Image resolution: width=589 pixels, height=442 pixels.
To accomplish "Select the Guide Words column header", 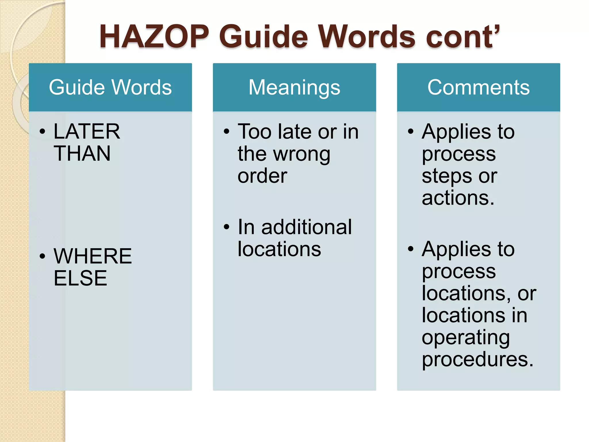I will [x=110, y=87].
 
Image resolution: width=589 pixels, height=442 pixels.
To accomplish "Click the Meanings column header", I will [x=294, y=87].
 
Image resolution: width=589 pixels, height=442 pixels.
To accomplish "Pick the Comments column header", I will [x=478, y=87].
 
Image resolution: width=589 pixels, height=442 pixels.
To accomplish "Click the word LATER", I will [x=87, y=132].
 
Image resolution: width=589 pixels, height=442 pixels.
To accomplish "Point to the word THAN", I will [x=82, y=153].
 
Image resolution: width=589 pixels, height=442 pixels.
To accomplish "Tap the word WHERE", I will [x=93, y=256].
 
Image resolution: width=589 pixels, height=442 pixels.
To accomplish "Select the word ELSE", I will [x=80, y=278].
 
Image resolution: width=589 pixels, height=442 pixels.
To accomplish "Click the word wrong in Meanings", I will [x=302, y=155].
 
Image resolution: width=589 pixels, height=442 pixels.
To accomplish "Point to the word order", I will [x=262, y=176].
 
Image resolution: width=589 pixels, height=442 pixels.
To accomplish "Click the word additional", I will [x=307, y=227].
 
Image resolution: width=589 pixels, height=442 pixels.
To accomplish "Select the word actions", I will [x=458, y=198].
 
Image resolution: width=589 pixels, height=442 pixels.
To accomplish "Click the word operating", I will [x=466, y=338].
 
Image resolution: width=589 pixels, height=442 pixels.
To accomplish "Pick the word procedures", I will [x=477, y=359].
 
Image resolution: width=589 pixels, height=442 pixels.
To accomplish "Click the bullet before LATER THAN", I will [x=43, y=132].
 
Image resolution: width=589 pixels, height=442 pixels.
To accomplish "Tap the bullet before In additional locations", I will [x=227, y=227].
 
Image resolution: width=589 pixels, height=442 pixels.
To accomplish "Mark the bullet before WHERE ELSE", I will [x=43, y=256].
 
